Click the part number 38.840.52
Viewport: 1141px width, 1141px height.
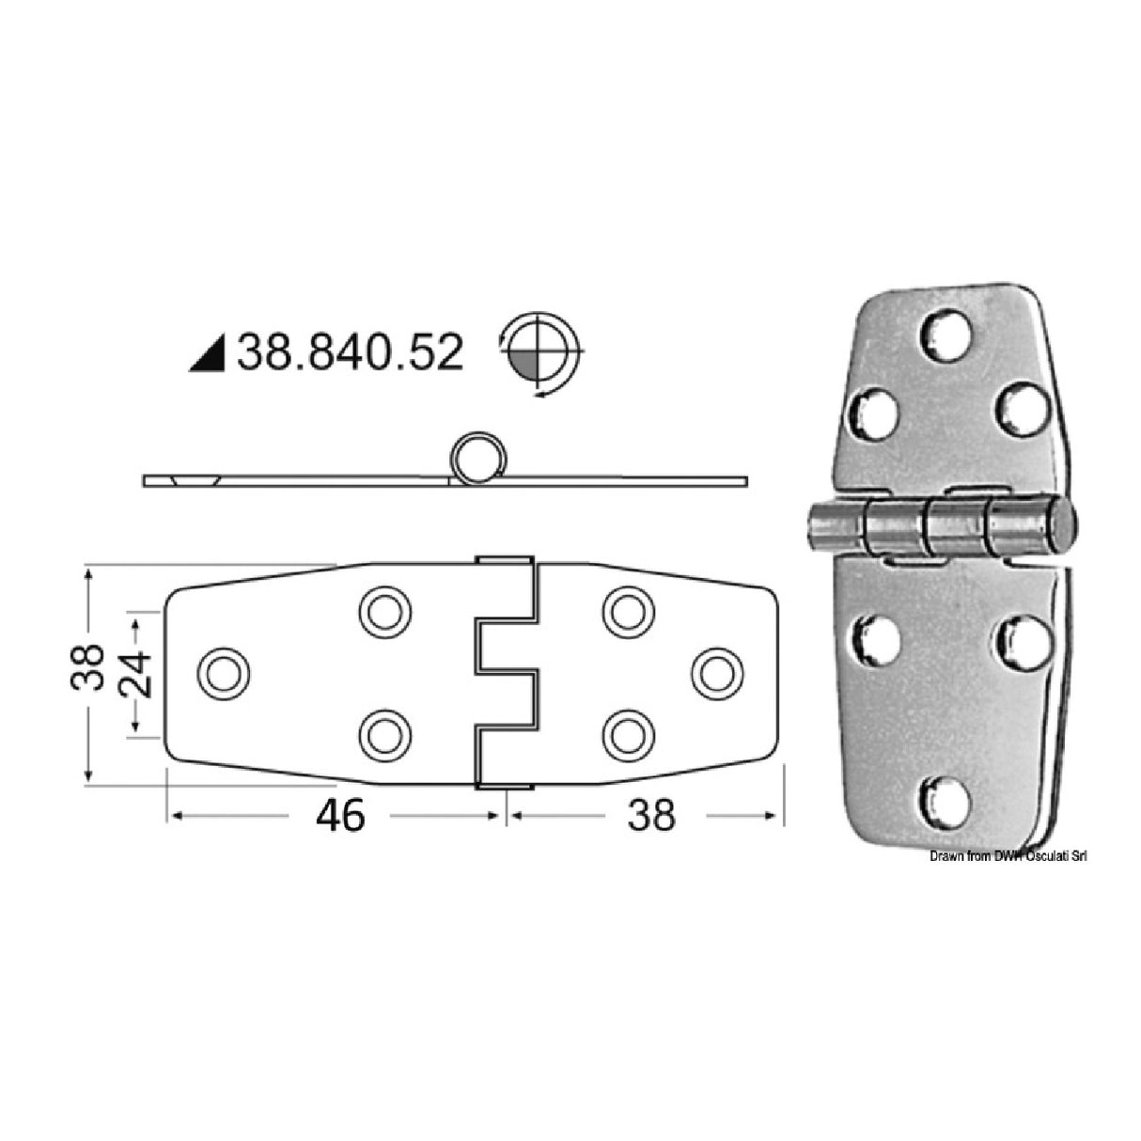(350, 354)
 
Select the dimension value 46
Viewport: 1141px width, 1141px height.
(340, 815)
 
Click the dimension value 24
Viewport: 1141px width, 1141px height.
(138, 671)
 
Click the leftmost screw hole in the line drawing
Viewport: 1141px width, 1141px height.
(225, 672)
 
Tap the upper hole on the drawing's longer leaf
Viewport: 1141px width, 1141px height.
(385, 612)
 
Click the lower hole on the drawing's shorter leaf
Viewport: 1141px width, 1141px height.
(628, 732)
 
